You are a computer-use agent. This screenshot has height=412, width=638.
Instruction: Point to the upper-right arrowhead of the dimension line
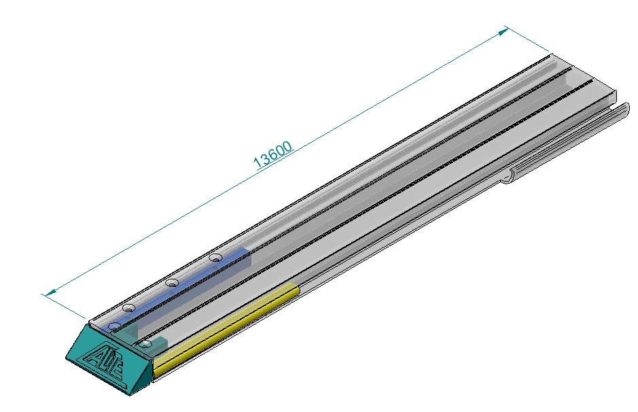[503, 31]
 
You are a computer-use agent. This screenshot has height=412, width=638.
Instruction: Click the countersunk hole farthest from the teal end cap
[216, 257]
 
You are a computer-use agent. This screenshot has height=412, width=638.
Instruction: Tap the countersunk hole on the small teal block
[145, 345]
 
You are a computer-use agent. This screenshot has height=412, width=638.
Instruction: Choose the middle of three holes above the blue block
[173, 282]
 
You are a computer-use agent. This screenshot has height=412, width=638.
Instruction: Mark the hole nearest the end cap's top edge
[115, 327]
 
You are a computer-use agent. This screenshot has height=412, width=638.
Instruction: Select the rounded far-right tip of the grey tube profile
[624, 107]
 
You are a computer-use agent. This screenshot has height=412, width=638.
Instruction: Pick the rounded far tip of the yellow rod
[296, 290]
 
